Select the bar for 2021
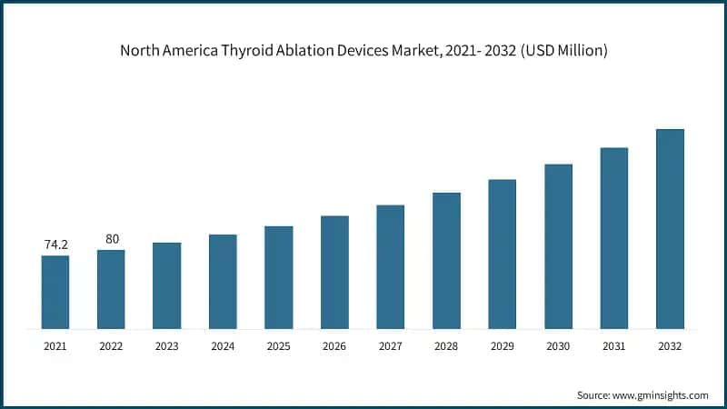(x=55, y=292)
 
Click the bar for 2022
(x=111, y=289)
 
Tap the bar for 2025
(x=279, y=277)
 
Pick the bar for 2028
(x=446, y=260)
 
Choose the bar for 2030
(x=558, y=246)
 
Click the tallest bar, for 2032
(x=670, y=229)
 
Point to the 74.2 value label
(x=55, y=245)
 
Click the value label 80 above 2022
(x=112, y=239)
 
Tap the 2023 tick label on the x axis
(x=167, y=346)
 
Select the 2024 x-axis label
(x=223, y=346)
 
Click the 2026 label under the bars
(x=334, y=346)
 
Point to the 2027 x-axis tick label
(x=391, y=346)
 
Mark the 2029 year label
(x=503, y=346)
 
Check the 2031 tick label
(x=614, y=346)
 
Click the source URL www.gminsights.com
(x=662, y=395)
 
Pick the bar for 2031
(x=614, y=238)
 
